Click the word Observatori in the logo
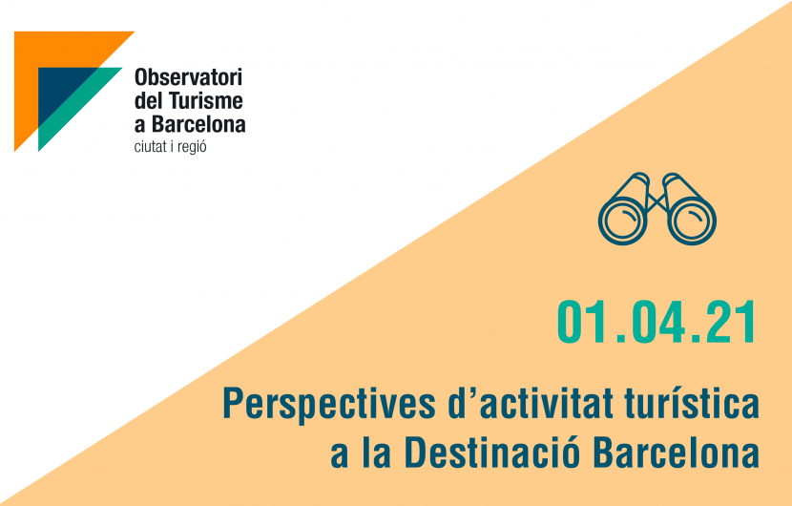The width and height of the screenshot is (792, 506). (x=188, y=77)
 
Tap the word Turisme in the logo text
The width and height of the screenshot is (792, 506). (x=205, y=100)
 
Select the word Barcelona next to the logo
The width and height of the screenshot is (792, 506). (x=198, y=124)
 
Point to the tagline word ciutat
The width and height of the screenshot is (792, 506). (x=149, y=147)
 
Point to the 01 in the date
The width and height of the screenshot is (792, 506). (x=582, y=322)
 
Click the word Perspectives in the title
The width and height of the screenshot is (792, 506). (x=329, y=405)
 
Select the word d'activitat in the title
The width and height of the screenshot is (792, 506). (x=531, y=403)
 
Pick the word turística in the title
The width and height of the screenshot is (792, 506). (x=692, y=403)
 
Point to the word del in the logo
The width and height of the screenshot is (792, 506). (x=148, y=100)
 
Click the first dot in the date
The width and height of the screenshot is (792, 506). (x=616, y=339)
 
